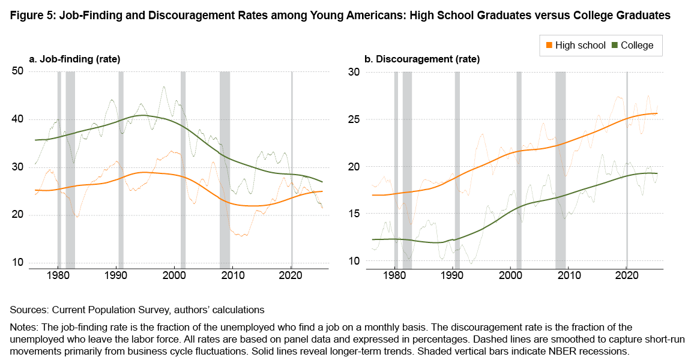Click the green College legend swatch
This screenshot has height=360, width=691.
pyautogui.click(x=615, y=45)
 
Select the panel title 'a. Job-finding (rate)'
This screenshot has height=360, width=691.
pyautogui.click(x=75, y=59)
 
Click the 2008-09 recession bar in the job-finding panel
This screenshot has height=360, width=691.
pyautogui.click(x=225, y=168)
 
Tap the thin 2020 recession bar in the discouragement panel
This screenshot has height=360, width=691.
pyautogui.click(x=627, y=168)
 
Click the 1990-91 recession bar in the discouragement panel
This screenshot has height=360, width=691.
pyautogui.click(x=457, y=168)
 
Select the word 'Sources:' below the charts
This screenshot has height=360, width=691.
pyautogui.click(x=28, y=310)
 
